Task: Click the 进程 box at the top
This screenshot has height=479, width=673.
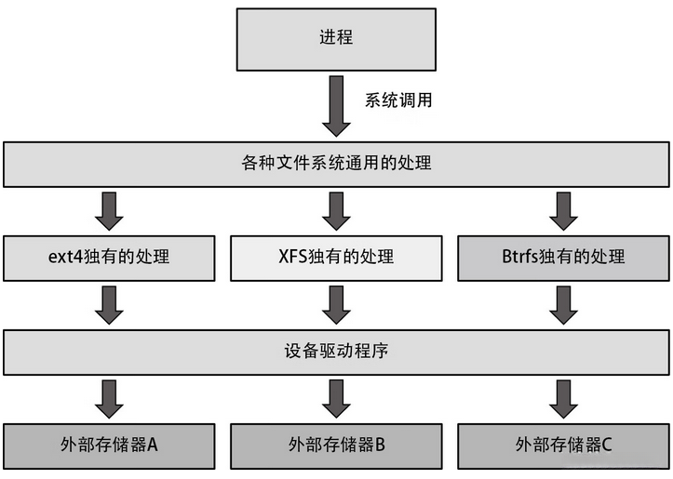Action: coord(335,39)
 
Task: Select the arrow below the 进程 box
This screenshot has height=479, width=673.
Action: coord(335,106)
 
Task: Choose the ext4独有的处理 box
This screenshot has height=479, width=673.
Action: coord(109,257)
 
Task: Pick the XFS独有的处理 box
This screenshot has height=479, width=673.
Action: coord(336,257)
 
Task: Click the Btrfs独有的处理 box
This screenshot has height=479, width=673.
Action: coord(563,257)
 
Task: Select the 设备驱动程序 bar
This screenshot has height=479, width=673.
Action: coord(335,353)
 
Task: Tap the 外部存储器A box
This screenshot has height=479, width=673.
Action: coord(109,445)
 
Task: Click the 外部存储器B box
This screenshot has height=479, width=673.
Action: coord(336,445)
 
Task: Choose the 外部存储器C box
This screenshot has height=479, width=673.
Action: coord(563,445)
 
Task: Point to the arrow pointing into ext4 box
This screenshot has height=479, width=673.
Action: coord(109,210)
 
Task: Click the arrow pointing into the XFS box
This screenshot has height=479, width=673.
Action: coord(336,210)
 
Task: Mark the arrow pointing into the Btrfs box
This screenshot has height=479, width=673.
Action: coord(563,210)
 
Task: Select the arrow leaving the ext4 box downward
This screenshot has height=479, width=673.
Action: coord(109,304)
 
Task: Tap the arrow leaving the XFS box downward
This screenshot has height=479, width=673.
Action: coord(336,304)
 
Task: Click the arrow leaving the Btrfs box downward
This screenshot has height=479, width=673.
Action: coord(563,304)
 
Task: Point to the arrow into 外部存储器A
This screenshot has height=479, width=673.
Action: coord(109,398)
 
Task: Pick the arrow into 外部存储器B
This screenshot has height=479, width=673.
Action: coord(336,398)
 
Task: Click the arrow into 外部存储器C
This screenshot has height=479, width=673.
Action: coord(563,398)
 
